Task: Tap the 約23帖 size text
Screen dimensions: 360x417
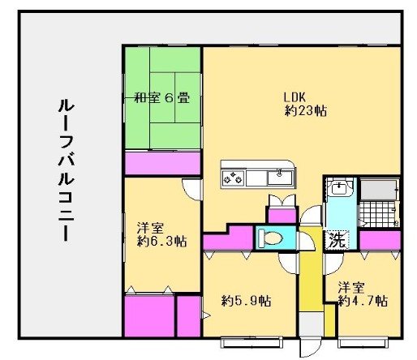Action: coord(306,111)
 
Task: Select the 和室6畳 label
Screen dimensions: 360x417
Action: coord(162,98)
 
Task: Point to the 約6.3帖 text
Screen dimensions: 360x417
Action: coord(162,242)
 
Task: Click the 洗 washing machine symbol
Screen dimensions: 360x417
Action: coord(335,240)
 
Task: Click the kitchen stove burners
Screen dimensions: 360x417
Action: coord(233,175)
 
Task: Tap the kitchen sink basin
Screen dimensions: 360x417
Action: coord(280,175)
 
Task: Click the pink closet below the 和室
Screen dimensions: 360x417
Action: coord(162,162)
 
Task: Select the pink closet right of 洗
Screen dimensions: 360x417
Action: coord(380,241)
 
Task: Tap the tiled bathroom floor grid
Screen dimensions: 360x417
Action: coord(377,215)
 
